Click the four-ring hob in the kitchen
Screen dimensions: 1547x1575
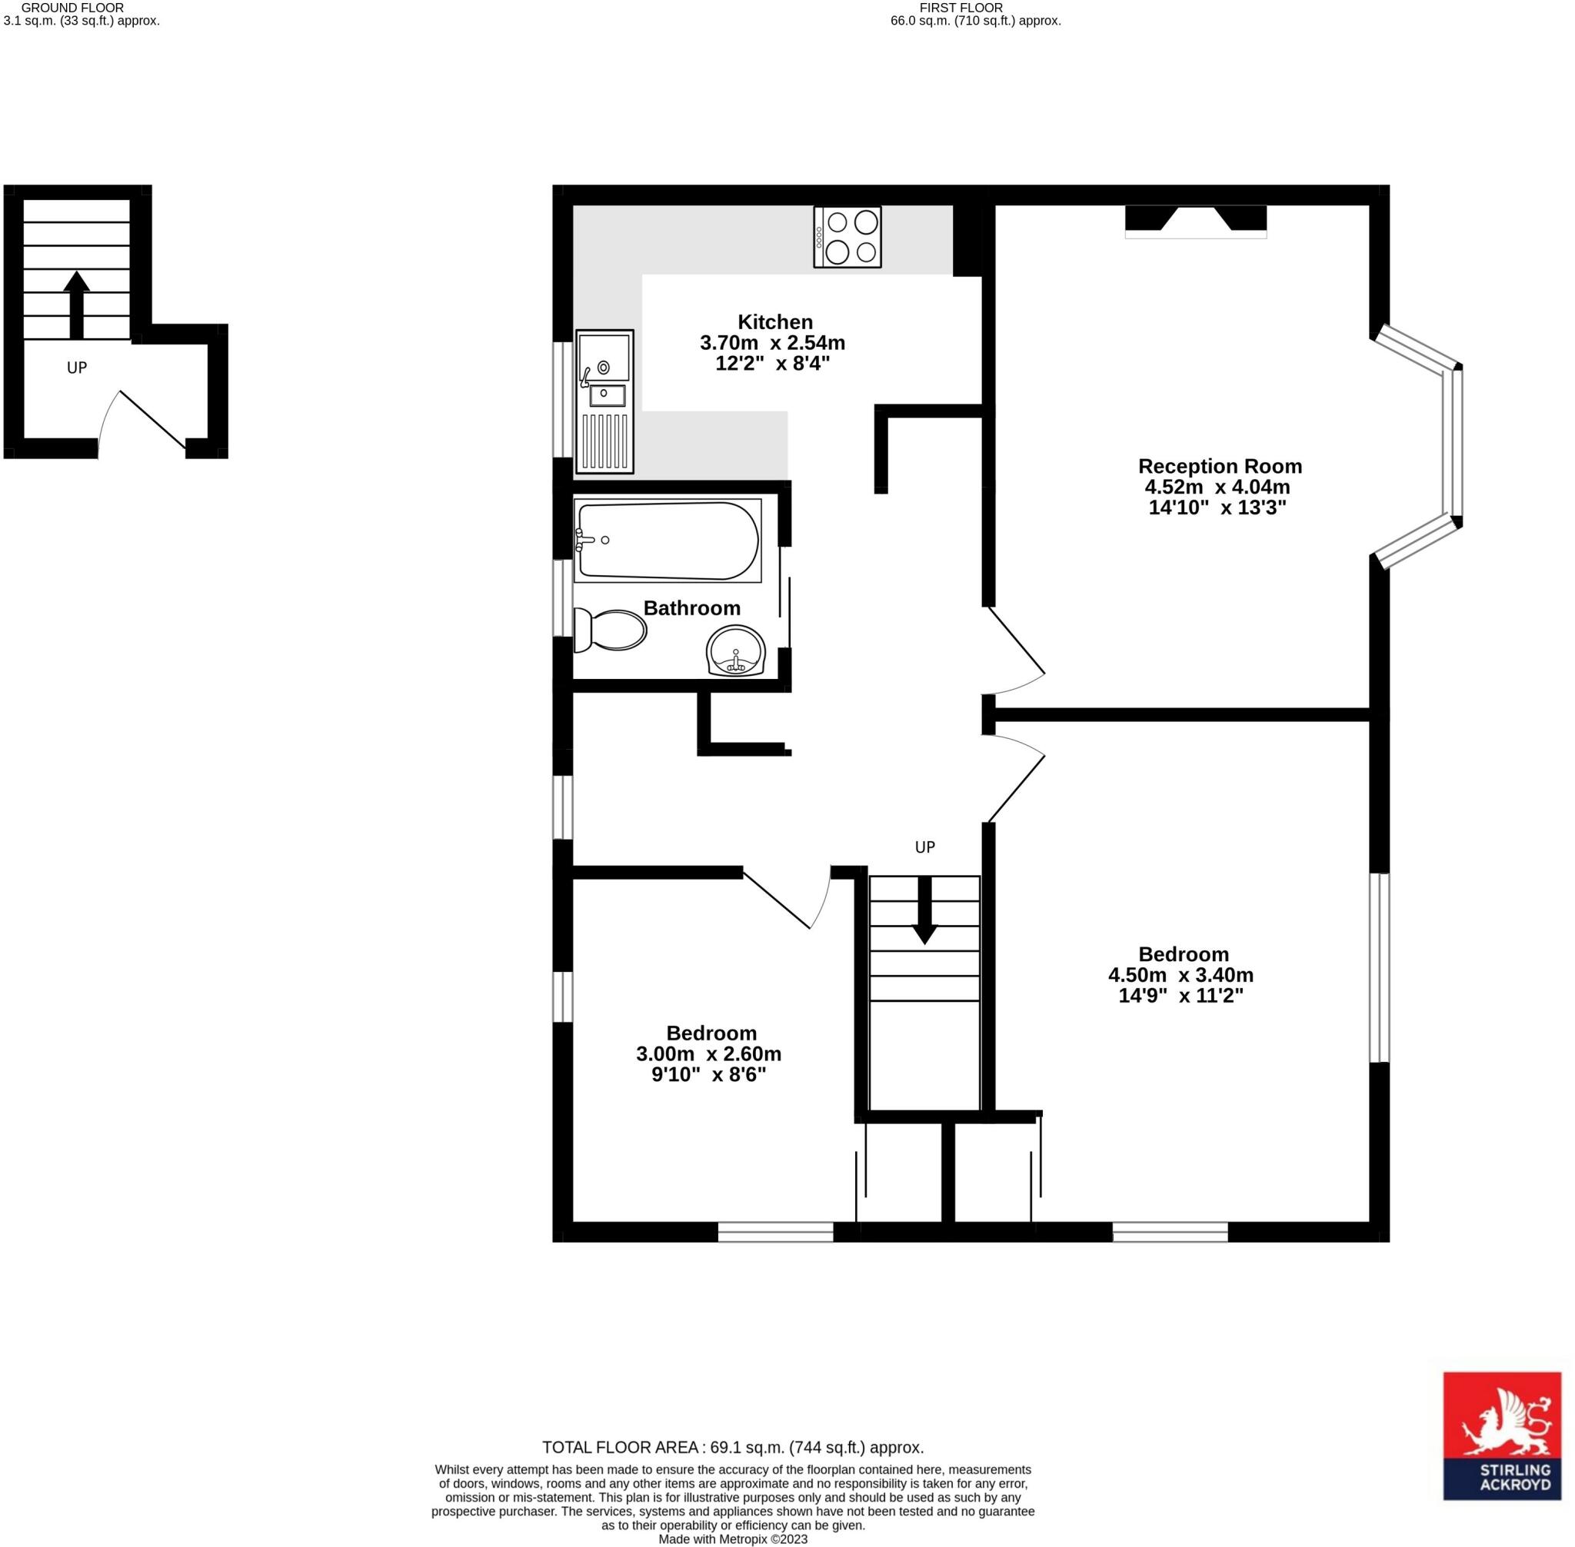click(x=847, y=237)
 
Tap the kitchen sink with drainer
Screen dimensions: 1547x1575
click(x=604, y=401)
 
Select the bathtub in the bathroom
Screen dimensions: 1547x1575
click(x=667, y=541)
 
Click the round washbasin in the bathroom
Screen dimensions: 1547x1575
click(x=735, y=650)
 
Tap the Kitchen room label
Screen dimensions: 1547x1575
click(x=774, y=321)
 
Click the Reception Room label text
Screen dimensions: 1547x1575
click(x=1219, y=467)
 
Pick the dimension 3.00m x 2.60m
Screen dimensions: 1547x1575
click(x=708, y=1054)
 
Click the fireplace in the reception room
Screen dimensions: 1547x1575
click(x=1195, y=221)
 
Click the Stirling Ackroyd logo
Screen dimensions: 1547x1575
click(x=1501, y=1447)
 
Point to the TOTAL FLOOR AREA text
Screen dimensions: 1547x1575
click(x=732, y=1447)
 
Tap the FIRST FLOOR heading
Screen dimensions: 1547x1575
click(x=961, y=8)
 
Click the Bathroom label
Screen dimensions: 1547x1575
click(x=691, y=607)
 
